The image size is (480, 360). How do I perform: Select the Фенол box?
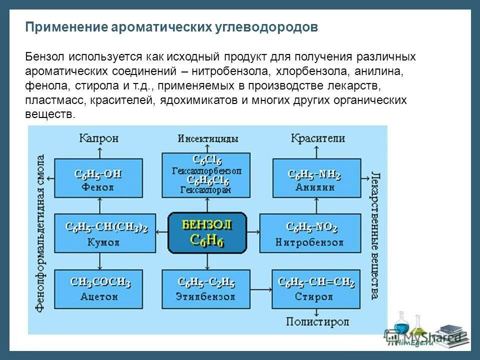[x=98, y=180]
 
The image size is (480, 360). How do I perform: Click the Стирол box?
[x=316, y=289]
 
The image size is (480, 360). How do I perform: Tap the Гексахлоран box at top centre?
[x=208, y=175]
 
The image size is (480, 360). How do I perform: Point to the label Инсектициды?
[x=208, y=138]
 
